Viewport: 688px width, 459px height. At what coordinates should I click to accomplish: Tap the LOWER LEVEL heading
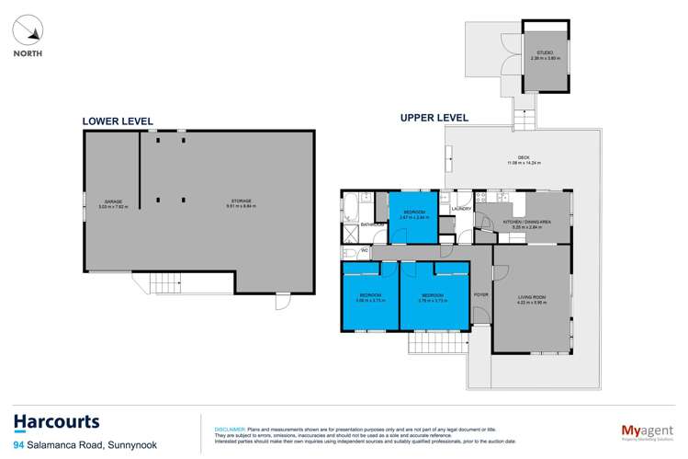pyautogui.click(x=117, y=120)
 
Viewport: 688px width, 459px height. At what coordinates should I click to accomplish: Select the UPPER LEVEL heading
pyautogui.click(x=434, y=118)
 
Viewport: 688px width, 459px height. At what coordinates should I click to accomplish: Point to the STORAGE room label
pyautogui.click(x=242, y=202)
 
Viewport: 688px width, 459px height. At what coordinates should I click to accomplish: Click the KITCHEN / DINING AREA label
pyautogui.click(x=525, y=220)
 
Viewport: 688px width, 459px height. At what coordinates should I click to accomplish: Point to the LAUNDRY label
pyautogui.click(x=462, y=209)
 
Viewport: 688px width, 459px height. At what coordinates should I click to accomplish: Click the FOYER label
pyautogui.click(x=479, y=294)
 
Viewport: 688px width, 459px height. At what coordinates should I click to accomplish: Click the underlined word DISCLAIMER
pyautogui.click(x=229, y=429)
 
